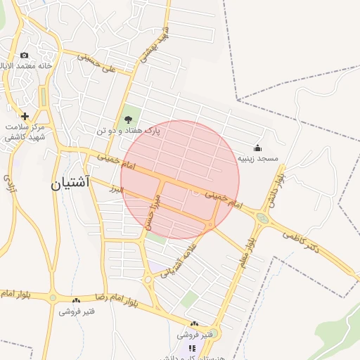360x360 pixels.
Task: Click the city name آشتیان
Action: click(x=70, y=186)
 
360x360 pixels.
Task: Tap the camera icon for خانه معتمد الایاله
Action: click(x=25, y=56)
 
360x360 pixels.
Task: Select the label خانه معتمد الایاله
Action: click(x=29, y=67)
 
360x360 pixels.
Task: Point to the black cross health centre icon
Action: click(x=25, y=116)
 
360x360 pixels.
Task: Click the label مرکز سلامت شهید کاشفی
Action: click(x=25, y=132)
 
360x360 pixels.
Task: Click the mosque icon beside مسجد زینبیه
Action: click(x=257, y=148)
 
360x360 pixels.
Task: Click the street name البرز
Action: click(x=117, y=188)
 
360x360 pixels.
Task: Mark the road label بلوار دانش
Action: click(x=273, y=192)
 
